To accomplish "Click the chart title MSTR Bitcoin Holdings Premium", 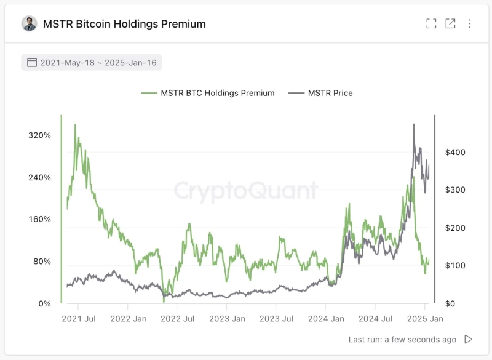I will (124, 24).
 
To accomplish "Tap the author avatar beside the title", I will (29, 24).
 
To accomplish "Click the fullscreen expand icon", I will (431, 24).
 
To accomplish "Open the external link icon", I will (450, 24).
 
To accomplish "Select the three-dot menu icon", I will (469, 24).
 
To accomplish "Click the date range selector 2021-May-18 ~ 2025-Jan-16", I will (92, 62).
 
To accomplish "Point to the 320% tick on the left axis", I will (39, 135).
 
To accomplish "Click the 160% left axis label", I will (39, 220).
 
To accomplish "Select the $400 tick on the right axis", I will (454, 152).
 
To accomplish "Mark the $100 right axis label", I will (454, 265).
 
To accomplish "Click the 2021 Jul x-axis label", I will (79, 319).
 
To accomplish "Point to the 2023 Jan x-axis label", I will (227, 319).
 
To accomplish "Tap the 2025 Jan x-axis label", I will (425, 319).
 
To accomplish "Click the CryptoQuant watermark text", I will (246, 191).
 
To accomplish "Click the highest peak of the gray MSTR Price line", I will (414, 124).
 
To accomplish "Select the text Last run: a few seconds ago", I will (402, 339).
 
